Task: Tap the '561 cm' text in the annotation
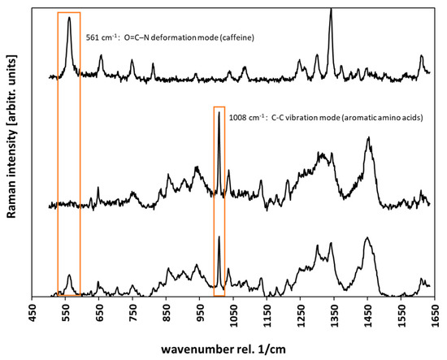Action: coord(101,37)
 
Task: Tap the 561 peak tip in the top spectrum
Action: coord(70,17)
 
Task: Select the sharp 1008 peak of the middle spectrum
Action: coord(219,113)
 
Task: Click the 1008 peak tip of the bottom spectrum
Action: coord(219,237)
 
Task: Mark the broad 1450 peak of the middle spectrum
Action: coord(369,138)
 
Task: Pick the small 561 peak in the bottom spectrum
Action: coord(70,275)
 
